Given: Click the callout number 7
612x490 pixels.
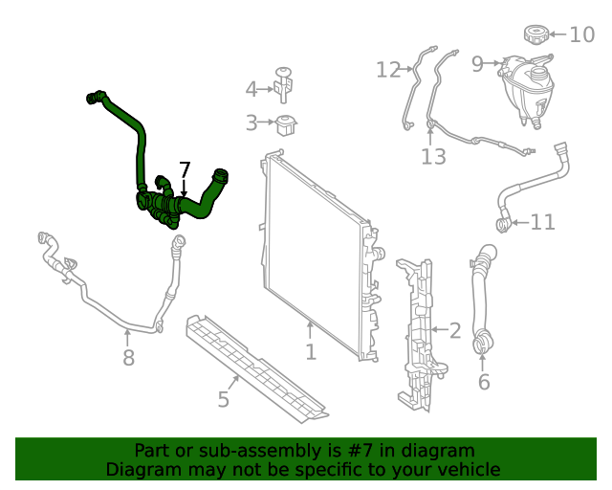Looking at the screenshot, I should pos(185,169).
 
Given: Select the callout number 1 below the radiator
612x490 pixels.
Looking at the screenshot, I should pos(311,352).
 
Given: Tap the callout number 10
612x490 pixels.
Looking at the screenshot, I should pos(581,35).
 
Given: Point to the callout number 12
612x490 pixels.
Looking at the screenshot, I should pos(387,70).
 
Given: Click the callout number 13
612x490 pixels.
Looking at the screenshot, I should pos(433,156).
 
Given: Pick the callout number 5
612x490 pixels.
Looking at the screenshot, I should pos(223,399).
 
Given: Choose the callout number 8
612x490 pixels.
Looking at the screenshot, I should pos(128,358).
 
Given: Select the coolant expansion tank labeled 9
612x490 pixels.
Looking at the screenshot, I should pos(526,88).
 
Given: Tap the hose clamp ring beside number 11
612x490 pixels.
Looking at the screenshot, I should pos(502,224).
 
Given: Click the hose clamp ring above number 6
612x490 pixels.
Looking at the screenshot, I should pos(483,340).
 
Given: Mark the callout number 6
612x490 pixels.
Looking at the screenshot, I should pos(483,383).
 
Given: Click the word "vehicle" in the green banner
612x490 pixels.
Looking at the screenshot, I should pos(467,469).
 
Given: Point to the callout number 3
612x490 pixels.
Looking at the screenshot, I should pos(251,122).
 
